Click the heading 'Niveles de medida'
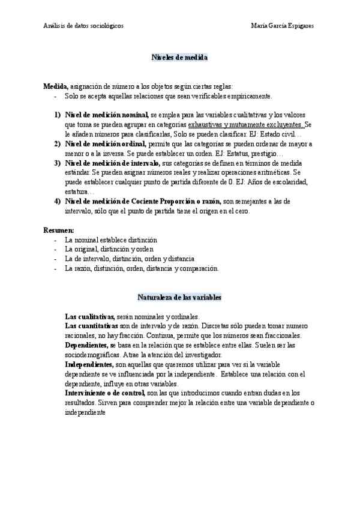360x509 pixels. tap(179, 56)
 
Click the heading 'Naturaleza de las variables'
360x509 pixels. tap(179, 297)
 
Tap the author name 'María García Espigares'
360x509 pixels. tap(284, 26)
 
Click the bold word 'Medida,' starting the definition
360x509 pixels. tap(56, 86)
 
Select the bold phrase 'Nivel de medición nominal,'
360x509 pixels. tap(106, 115)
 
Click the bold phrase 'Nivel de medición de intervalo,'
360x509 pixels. tap(112, 163)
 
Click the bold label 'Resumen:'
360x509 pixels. tap(59, 230)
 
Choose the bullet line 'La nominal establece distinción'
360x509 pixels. tap(110, 239)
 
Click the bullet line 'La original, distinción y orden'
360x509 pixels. tap(109, 249)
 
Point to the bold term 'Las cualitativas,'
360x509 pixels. tap(89, 316)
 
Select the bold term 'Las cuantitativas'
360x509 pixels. tap(91, 326)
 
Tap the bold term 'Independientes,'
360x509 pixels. tap(89, 364)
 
